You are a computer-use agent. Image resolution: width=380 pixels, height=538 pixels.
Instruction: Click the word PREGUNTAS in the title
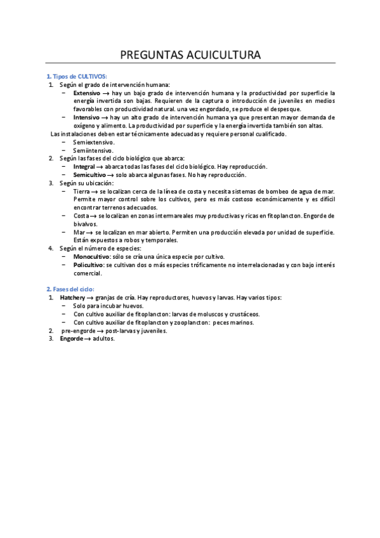[x=144, y=55]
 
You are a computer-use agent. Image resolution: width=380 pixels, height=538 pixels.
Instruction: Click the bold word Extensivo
[x=87, y=93]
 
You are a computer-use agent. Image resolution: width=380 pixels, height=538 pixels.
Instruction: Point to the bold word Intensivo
[x=86, y=117]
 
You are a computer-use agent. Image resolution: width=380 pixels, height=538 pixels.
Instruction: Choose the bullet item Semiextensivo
[x=94, y=142]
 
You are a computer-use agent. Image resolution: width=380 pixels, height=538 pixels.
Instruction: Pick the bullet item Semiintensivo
[x=94, y=150]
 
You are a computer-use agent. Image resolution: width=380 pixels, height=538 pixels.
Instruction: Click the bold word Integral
[x=84, y=167]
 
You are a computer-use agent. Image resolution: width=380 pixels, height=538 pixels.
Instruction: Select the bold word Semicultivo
[x=89, y=175]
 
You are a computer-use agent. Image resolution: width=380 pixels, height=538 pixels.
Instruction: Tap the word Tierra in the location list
[x=81, y=192]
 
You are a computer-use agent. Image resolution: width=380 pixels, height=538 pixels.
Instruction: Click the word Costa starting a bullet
[x=81, y=216]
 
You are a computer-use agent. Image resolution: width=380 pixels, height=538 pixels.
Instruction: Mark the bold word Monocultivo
[x=91, y=257]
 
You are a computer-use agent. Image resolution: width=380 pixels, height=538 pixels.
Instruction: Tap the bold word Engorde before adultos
[x=72, y=339]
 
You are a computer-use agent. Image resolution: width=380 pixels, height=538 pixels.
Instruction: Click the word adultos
[x=103, y=339]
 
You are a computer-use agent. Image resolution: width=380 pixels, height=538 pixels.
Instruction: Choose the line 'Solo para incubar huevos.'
[x=108, y=306]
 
